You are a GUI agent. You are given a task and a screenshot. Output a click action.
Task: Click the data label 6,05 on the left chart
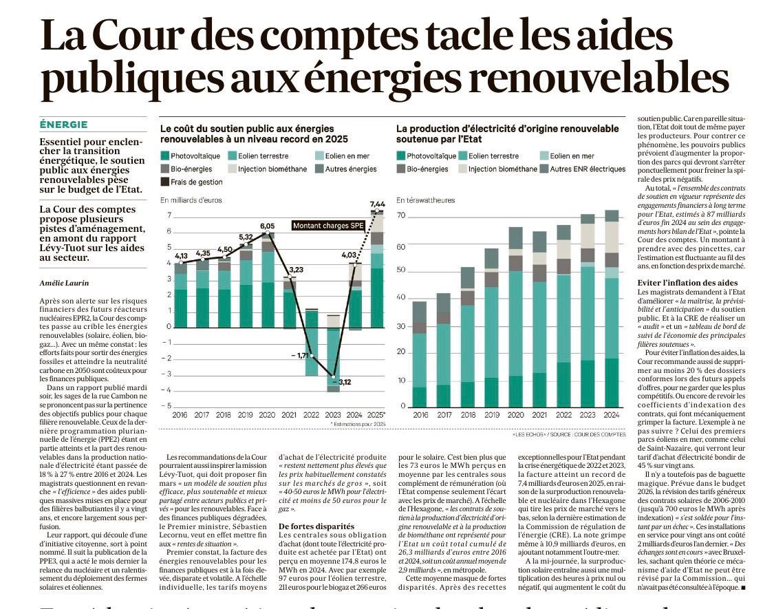pos(267,226)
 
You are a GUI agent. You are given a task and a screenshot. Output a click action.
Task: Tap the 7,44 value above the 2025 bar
pos(377,204)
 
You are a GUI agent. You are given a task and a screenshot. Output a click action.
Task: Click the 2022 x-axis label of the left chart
pos(311,415)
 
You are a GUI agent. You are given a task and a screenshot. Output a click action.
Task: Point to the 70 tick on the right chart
pos(401,216)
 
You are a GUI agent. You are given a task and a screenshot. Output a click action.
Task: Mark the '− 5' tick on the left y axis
pos(166,406)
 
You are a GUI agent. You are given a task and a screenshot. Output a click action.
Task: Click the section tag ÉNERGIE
pos(64,125)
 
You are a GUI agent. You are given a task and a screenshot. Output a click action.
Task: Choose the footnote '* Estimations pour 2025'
pos(358,425)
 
